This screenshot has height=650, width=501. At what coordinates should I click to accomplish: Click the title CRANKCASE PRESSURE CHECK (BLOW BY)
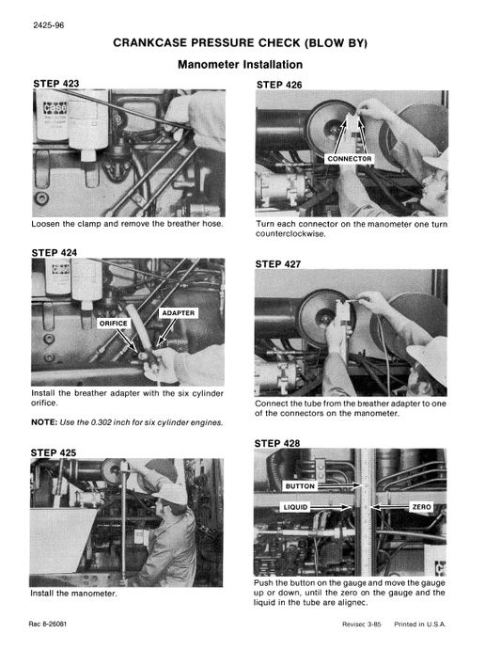coord(240,43)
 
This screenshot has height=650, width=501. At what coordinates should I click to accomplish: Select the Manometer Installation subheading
coord(240,65)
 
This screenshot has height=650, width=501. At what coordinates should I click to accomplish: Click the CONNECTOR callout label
coord(349,159)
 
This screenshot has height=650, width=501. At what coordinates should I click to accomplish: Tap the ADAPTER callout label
coord(179,312)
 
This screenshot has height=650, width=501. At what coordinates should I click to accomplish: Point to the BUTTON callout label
coord(300,487)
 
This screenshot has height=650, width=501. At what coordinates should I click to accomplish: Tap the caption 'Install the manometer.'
coord(73,595)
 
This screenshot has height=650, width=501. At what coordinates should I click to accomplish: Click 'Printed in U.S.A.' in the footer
coord(420,626)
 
